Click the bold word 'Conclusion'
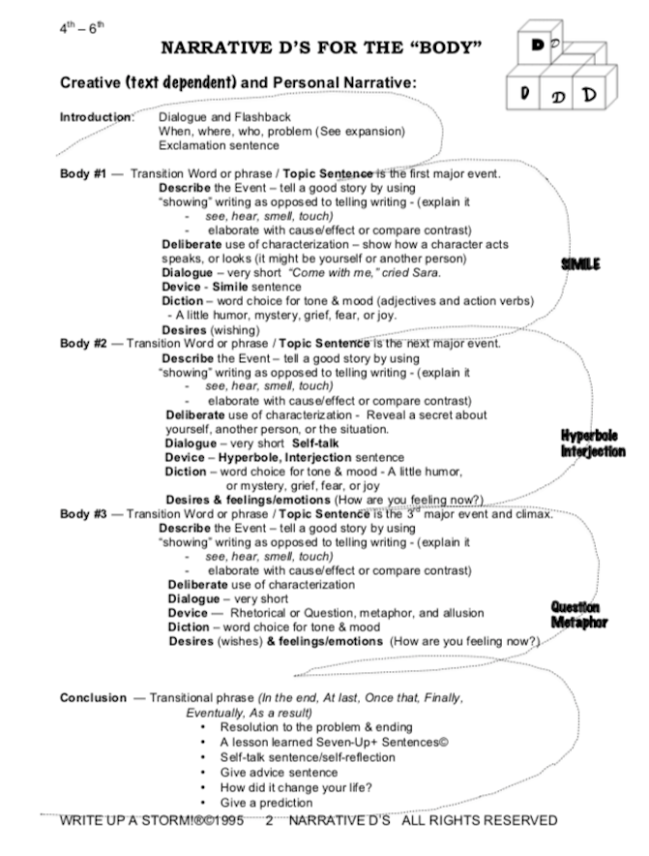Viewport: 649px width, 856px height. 94,697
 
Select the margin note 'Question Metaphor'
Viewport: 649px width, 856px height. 578,614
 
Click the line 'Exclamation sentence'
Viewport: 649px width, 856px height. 219,145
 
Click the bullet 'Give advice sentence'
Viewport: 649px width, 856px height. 279,772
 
